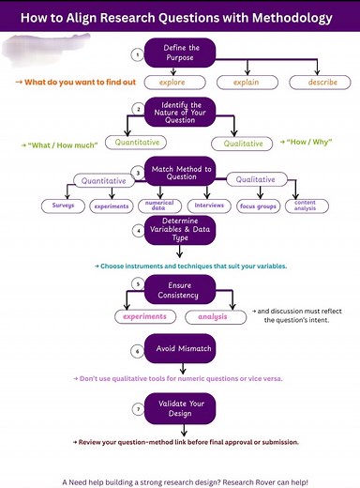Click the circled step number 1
137,54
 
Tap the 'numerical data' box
156,206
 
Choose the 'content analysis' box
305,205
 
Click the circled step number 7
137,409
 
